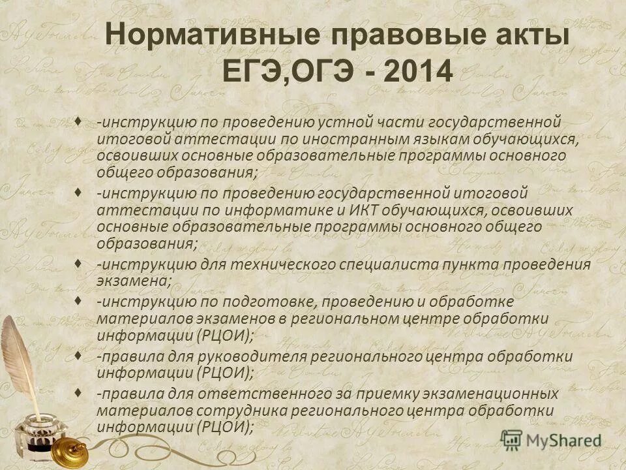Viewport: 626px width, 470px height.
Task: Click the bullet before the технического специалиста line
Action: click(x=78, y=263)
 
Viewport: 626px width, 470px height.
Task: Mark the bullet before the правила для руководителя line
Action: click(x=78, y=355)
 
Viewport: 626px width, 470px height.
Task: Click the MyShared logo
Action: click(x=551, y=439)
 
